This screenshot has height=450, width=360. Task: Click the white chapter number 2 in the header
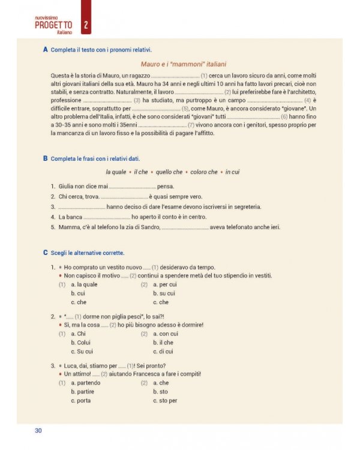pos(86,25)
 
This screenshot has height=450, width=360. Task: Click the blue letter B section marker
pos(46,158)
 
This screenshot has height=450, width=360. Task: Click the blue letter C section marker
pos(46,253)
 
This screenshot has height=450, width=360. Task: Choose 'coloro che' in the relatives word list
pos(204,172)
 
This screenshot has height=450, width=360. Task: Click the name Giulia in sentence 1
pos(67,187)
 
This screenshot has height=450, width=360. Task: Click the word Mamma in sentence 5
pos(68,227)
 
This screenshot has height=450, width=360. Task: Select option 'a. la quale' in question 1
pos(84,284)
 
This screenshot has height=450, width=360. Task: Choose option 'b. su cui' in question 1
pos(164,293)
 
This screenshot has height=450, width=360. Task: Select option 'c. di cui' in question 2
pos(163,352)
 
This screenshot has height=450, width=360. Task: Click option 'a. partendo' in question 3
pos(86,382)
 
